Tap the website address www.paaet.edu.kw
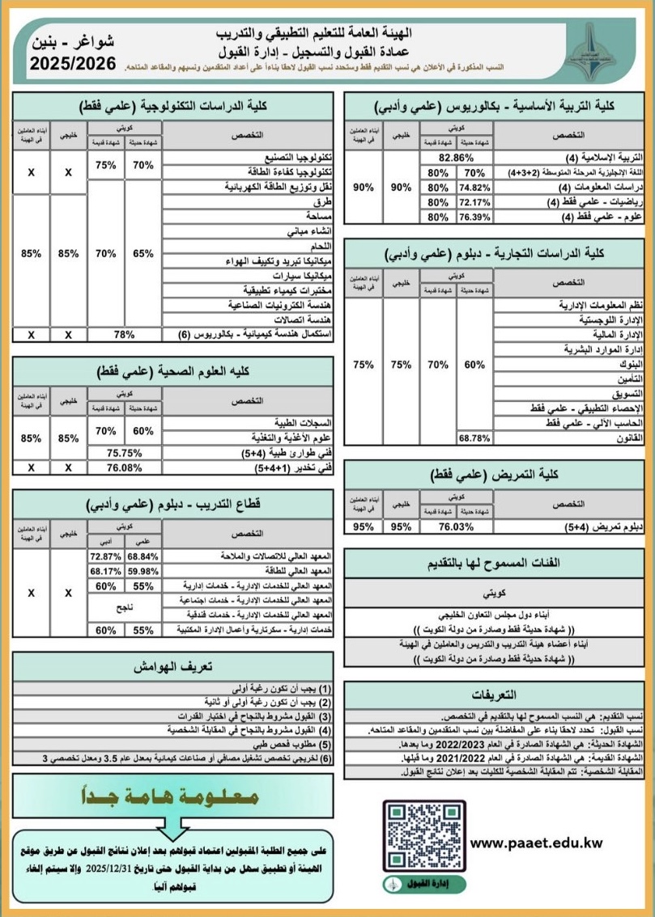tap(537, 843)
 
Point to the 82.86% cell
tap(456, 158)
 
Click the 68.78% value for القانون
tap(475, 437)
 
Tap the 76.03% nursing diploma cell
tap(456, 526)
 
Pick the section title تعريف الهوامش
tap(172, 668)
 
